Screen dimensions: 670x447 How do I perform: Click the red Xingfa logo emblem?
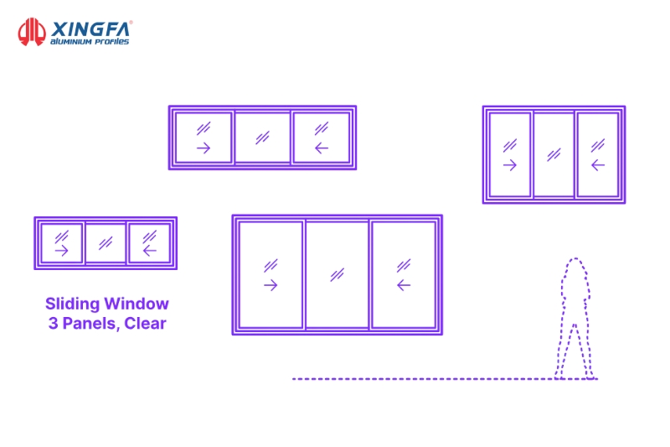pos(32,32)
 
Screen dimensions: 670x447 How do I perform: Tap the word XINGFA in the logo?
pos(90,29)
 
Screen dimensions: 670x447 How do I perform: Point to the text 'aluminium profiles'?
pos(90,41)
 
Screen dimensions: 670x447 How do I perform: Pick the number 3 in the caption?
pos(53,324)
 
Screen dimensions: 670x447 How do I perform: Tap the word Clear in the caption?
pos(145,324)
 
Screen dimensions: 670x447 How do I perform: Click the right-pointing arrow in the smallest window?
pos(61,251)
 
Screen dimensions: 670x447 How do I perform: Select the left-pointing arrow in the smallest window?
pos(150,251)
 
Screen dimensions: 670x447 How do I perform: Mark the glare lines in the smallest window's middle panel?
pos(106,243)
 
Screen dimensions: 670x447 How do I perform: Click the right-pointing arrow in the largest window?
pos(271,285)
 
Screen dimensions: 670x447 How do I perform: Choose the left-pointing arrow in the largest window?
pos(404,285)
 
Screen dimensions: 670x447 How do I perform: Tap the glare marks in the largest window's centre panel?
pos(338,274)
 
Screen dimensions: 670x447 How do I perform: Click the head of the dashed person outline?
pos(575,269)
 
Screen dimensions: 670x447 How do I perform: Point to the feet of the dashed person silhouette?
pos(575,376)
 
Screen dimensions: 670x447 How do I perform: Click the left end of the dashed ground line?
pos(293,379)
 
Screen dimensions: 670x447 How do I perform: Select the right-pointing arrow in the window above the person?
pos(510,165)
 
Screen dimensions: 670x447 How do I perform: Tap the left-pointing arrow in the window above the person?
pos(598,165)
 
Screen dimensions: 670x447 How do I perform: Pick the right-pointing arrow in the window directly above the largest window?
pos(204,148)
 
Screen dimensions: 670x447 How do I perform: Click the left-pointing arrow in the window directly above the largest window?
pos(322,148)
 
